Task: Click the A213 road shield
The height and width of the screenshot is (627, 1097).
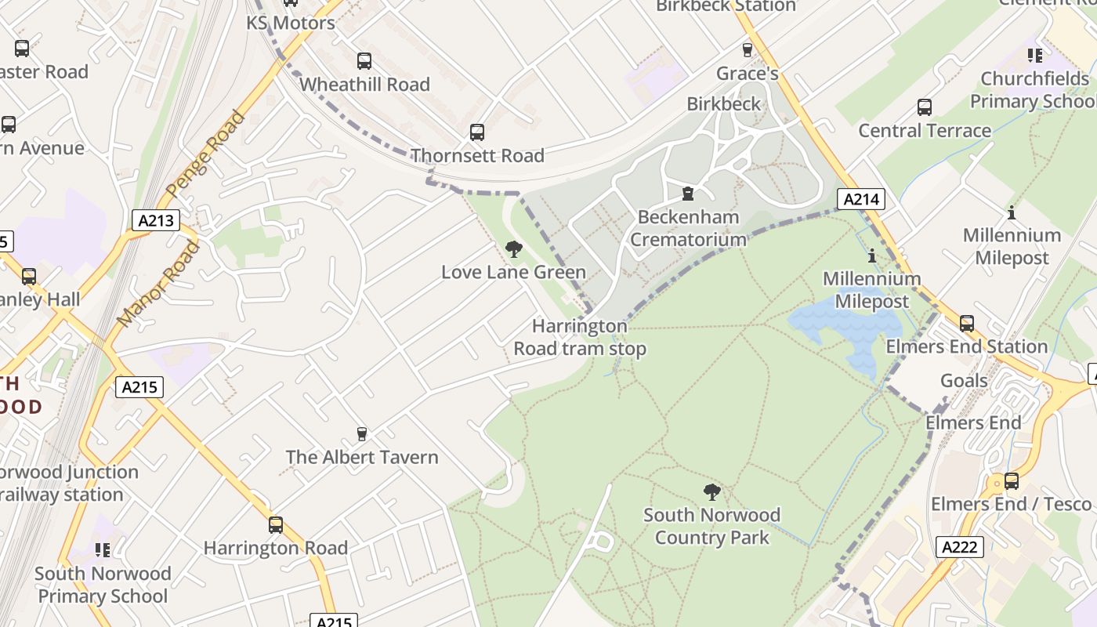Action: point(155,220)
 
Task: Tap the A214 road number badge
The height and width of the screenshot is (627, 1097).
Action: point(860,199)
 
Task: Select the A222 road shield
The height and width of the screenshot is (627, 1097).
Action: point(959,546)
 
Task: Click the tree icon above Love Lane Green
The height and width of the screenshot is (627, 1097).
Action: point(514,249)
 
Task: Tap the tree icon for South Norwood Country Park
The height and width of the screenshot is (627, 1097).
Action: point(711,492)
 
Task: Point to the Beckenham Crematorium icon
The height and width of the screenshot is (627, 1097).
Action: point(688,194)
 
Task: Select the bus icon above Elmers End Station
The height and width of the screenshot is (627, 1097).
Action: point(967,324)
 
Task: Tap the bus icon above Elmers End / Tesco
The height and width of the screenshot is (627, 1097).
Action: point(1012,481)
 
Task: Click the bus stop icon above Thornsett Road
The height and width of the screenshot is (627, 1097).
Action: point(477,132)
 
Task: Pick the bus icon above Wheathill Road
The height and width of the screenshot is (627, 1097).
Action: point(364,61)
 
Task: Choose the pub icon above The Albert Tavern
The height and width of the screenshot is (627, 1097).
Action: point(362,433)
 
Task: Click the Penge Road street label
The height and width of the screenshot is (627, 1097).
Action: point(206,154)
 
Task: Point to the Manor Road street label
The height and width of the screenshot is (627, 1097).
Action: point(157,284)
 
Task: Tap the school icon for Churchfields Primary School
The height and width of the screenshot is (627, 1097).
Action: point(1035,56)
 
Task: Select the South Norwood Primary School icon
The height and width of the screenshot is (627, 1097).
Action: point(103,550)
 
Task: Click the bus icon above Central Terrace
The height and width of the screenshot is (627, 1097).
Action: point(925,107)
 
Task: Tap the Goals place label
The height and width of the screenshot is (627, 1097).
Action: point(964,381)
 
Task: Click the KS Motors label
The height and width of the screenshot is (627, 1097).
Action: point(291,23)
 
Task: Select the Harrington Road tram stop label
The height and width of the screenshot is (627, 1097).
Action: point(580,337)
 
